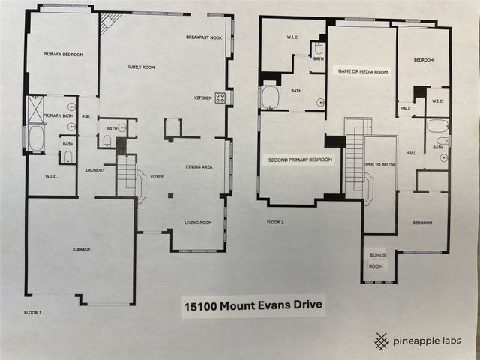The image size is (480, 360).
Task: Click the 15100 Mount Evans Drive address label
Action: (x=253, y=306)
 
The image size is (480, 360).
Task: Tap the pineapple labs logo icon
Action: (x=382, y=340)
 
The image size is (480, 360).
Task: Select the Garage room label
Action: (x=82, y=249)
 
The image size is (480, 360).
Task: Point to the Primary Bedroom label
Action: (x=62, y=55)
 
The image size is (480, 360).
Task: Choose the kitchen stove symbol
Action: (x=220, y=97)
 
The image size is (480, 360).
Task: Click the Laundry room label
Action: (x=94, y=170)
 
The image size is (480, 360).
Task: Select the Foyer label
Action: (x=157, y=178)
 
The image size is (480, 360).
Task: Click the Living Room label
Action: (x=199, y=223)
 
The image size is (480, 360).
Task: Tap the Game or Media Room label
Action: (x=363, y=72)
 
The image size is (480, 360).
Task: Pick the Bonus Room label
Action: (x=376, y=260)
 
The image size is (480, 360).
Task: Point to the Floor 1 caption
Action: (x=32, y=310)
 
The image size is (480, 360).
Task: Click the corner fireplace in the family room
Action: (x=108, y=24)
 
